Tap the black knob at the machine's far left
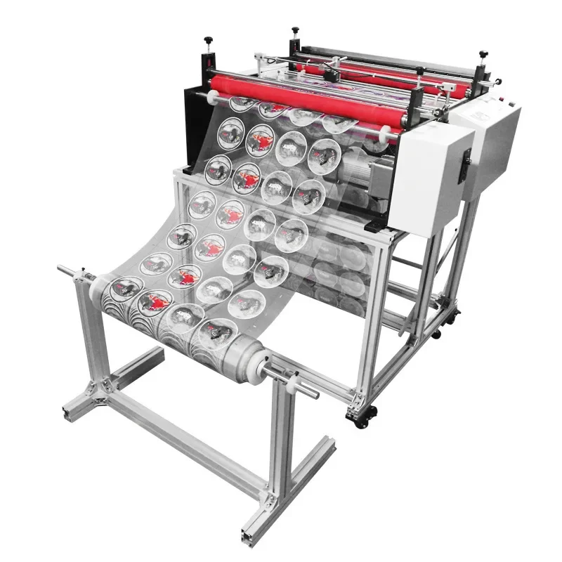[x=208, y=41]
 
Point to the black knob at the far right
[x=483, y=55]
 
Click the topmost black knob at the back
[x=294, y=31]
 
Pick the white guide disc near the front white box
[x=385, y=131]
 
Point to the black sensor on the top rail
[x=331, y=73]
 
